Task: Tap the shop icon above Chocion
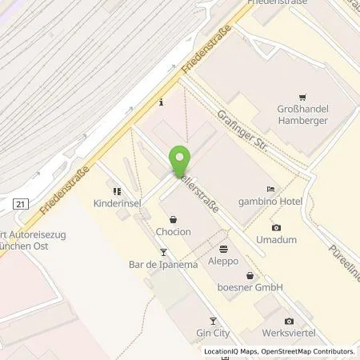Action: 174,217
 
